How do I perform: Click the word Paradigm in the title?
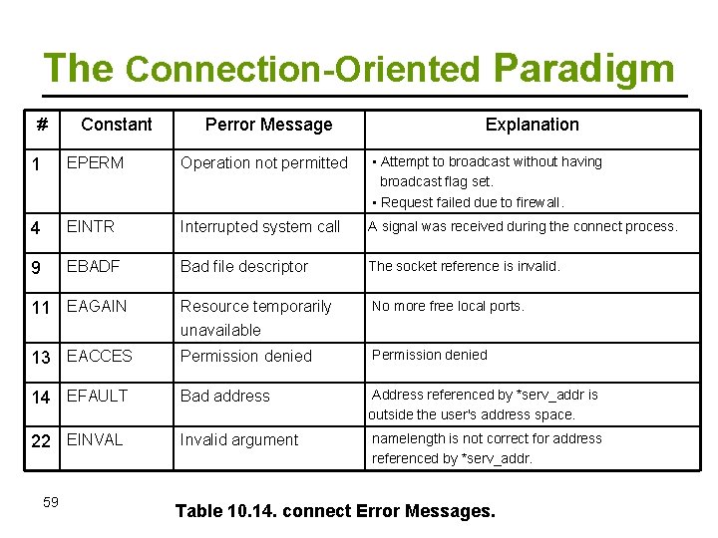583,68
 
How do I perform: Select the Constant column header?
117,125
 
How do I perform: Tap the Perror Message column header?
268,125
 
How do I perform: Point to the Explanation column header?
532,125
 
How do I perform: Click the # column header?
42,126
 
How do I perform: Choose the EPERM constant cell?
95,162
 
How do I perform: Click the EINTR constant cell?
91,226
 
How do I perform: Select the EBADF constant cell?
95,266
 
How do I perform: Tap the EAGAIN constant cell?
97,306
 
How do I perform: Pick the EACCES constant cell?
99,356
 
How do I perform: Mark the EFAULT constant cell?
97,396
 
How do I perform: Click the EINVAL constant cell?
95,439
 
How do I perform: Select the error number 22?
41,440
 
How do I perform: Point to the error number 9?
36,267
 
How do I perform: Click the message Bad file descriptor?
244,266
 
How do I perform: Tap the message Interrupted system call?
260,226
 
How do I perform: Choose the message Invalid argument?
239,439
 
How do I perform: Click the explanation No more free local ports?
448,306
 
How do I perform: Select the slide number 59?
51,501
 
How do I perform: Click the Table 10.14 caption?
335,511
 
